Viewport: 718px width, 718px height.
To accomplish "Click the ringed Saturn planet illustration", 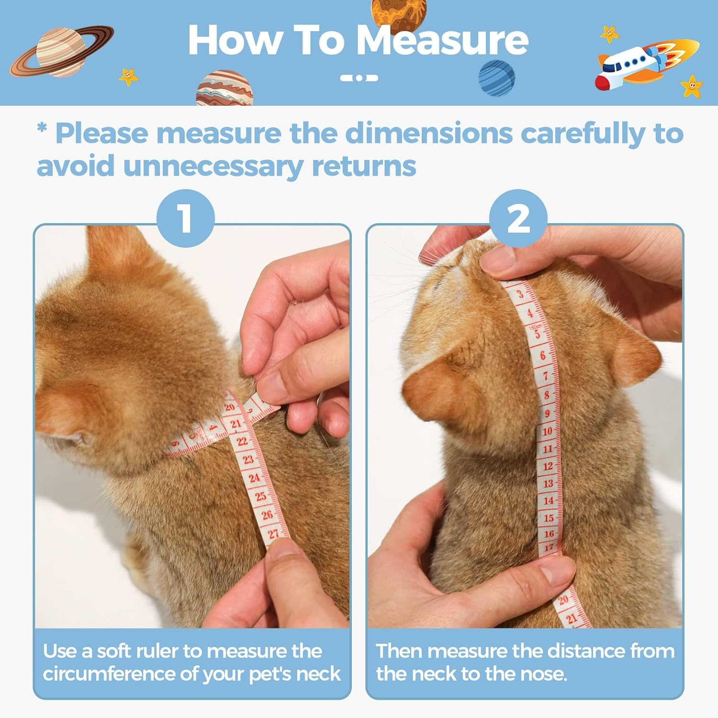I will [x=61, y=51].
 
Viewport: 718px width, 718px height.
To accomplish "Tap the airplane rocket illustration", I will [x=646, y=64].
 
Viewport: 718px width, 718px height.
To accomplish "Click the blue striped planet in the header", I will [x=497, y=78].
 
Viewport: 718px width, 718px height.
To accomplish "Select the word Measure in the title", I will [x=442, y=40].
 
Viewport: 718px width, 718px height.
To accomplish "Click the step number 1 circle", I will [x=186, y=218].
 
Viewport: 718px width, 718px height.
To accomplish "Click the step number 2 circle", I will [x=518, y=218].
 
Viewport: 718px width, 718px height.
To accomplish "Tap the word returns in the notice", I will [x=364, y=166].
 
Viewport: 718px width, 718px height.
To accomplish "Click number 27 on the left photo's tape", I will [x=273, y=534].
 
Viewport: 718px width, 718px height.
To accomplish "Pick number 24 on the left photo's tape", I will [x=254, y=477].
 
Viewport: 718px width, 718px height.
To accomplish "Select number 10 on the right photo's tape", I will [x=547, y=431].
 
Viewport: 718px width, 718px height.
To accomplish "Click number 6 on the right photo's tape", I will [x=543, y=355].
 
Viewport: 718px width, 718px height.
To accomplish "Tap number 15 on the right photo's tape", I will [x=549, y=517].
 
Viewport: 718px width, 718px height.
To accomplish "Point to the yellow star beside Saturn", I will [x=128, y=76].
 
